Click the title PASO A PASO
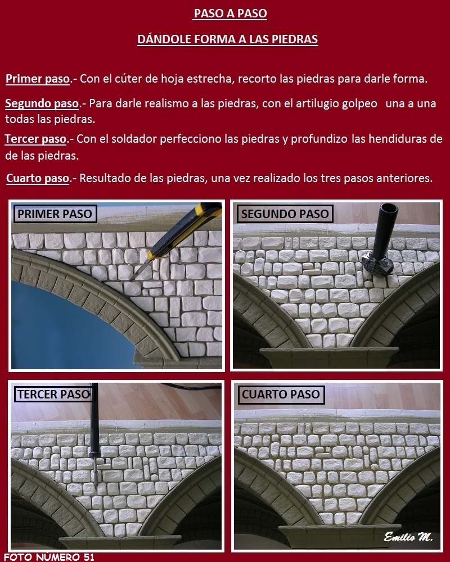click(230, 13)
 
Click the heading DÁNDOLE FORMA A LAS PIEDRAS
click(227, 39)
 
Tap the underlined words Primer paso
click(38, 79)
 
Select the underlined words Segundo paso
click(42, 103)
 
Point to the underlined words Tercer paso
click(35, 139)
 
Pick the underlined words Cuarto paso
click(38, 178)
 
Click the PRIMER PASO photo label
click(55, 214)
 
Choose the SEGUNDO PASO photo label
click(285, 214)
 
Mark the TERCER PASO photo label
click(54, 395)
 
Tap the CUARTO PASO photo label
click(281, 395)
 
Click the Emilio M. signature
click(408, 537)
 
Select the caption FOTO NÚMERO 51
click(49, 557)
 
